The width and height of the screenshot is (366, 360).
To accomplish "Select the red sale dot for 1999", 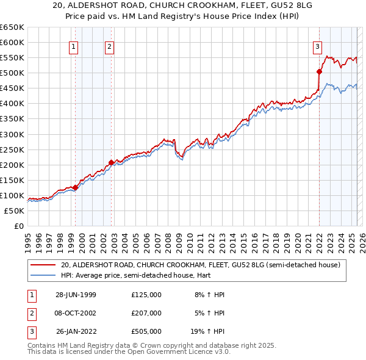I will click(x=76, y=187).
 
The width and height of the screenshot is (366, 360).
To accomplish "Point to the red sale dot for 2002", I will click(x=111, y=162).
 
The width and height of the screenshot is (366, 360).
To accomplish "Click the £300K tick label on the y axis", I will click(x=12, y=134).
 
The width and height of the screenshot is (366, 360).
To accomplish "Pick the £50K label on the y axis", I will click(x=14, y=211).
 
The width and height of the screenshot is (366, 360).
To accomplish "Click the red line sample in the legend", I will click(x=43, y=265).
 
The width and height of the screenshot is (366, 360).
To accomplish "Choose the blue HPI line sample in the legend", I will click(x=43, y=275).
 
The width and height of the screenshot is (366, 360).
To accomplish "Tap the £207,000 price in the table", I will click(x=146, y=313).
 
